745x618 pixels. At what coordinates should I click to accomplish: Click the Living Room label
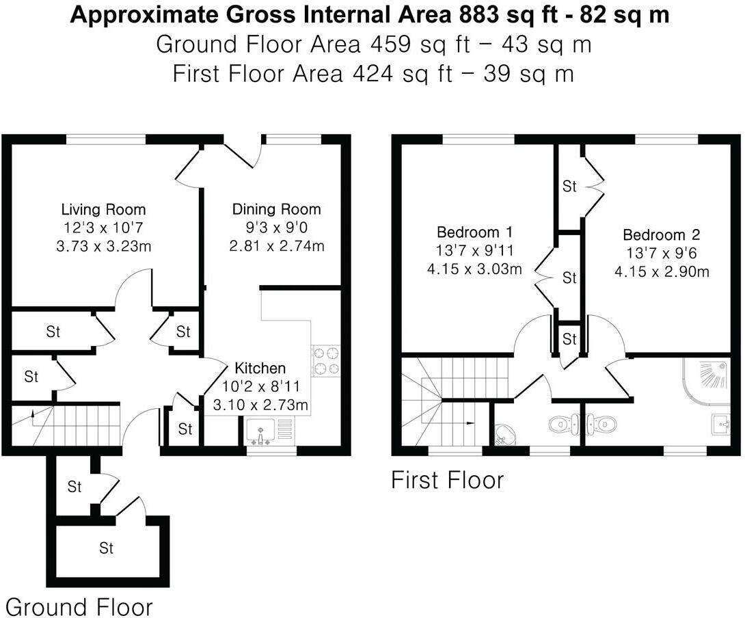103,209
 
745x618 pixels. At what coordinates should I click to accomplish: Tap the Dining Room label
276,209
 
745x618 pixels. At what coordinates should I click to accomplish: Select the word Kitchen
260,368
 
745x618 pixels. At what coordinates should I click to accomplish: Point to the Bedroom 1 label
474,232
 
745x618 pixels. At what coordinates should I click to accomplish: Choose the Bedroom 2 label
661,235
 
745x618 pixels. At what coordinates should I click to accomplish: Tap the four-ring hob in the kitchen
326,361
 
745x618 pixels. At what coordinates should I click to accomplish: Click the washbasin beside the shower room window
722,423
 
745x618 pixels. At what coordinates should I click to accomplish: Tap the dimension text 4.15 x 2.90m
661,271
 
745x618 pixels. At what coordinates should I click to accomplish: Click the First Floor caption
447,480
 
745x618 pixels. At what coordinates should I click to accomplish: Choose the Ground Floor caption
79,606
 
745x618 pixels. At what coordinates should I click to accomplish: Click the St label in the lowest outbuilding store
106,548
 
